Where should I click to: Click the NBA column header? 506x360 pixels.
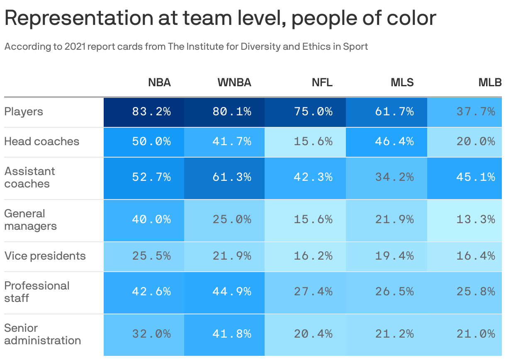(159, 83)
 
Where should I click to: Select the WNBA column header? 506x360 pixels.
(234, 83)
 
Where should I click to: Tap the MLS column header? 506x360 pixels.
(402, 83)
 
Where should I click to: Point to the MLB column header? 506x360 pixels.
(490, 83)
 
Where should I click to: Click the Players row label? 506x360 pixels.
(24, 112)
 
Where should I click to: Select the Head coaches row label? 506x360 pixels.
(41, 141)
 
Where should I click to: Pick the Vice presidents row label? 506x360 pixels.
(45, 256)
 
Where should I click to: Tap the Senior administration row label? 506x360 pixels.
(42, 334)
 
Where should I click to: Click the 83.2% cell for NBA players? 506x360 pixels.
(151, 112)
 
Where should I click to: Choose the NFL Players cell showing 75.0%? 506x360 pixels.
(313, 112)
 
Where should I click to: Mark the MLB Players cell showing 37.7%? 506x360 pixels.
(476, 112)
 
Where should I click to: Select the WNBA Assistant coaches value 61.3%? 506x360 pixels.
(232, 178)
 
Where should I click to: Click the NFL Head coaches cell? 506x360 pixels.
(313, 141)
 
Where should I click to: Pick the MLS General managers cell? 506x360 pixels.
(394, 219)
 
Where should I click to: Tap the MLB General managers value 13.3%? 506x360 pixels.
(476, 219)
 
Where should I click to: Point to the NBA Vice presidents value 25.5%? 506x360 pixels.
(151, 256)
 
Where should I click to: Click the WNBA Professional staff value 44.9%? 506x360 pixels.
(232, 292)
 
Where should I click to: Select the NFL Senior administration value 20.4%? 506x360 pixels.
(313, 334)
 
